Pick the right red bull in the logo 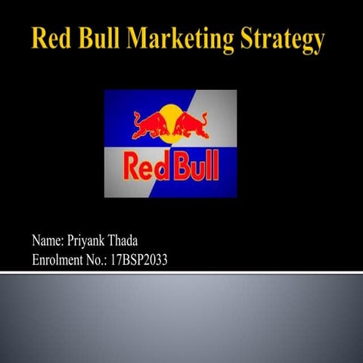coord(191,125)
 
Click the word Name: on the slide coord(48,241)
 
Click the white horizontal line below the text coord(181,271)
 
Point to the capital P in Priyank coord(73,241)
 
